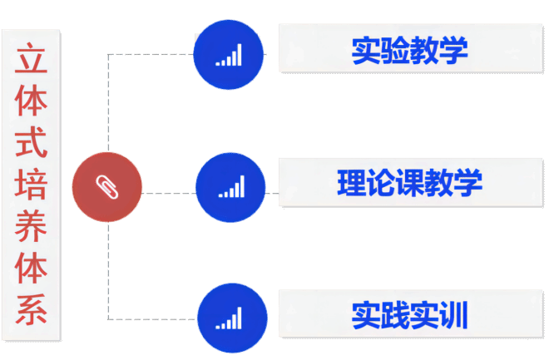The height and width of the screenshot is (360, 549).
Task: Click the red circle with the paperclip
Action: (x=106, y=186)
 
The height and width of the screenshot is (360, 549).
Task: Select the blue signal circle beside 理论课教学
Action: (x=230, y=188)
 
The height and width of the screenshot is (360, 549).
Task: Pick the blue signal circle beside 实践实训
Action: (x=231, y=318)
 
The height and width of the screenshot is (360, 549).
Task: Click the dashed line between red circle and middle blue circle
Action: (x=169, y=193)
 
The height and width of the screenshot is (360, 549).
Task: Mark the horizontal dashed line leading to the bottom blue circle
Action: (x=154, y=318)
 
